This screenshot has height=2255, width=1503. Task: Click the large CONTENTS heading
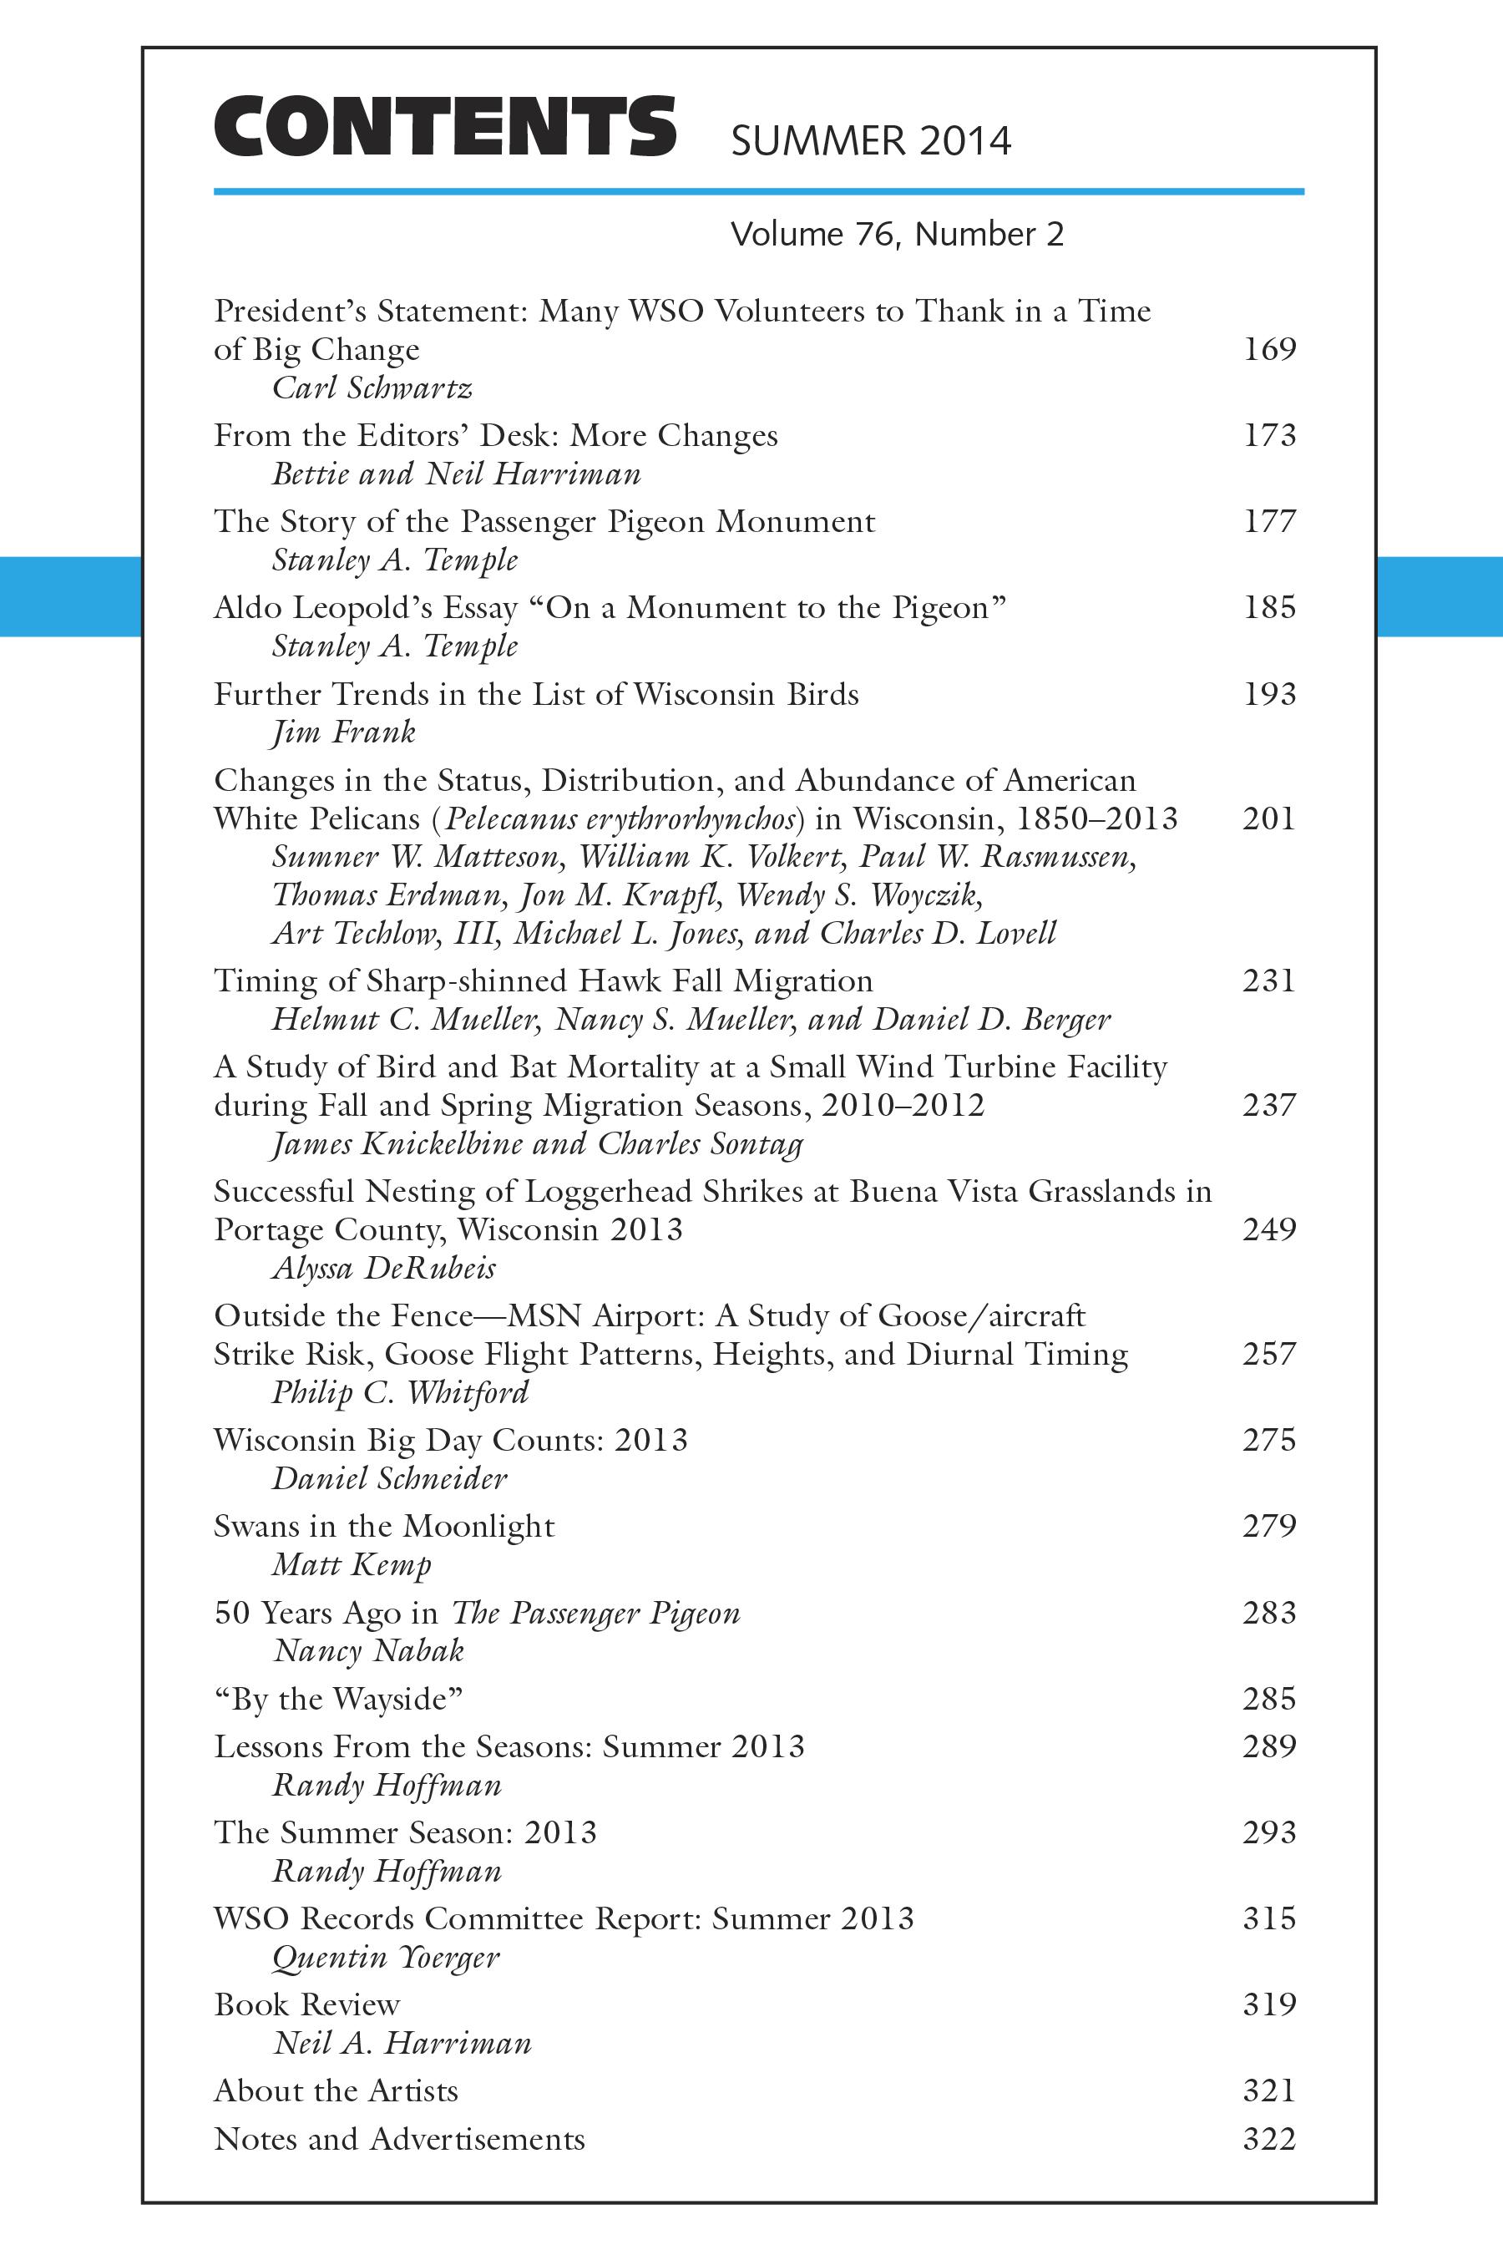[x=445, y=127]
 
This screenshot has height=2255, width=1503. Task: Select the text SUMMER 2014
[x=870, y=142]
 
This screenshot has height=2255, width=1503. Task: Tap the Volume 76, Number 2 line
[x=896, y=235]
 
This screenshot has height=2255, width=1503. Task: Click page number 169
[x=1269, y=349]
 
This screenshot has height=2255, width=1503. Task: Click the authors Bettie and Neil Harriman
[x=456, y=474]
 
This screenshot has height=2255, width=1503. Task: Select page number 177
[x=1269, y=521]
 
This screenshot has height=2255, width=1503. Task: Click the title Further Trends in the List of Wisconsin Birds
[x=536, y=694]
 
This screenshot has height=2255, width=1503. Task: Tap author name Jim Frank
[x=343, y=733]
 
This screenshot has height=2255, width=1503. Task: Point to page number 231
[x=1269, y=981]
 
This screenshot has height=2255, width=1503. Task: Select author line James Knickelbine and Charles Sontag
[x=537, y=1144]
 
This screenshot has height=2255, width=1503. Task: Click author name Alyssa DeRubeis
[x=383, y=1269]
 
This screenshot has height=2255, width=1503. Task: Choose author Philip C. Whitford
[x=400, y=1392]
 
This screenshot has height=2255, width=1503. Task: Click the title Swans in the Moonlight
[x=383, y=1527]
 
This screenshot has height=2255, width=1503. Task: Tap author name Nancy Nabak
[x=369, y=1651]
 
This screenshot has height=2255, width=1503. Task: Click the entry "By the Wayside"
[x=338, y=1699]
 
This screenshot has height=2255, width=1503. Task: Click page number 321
[x=1269, y=2091]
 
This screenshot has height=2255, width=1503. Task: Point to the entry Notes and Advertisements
[x=399, y=2139]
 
